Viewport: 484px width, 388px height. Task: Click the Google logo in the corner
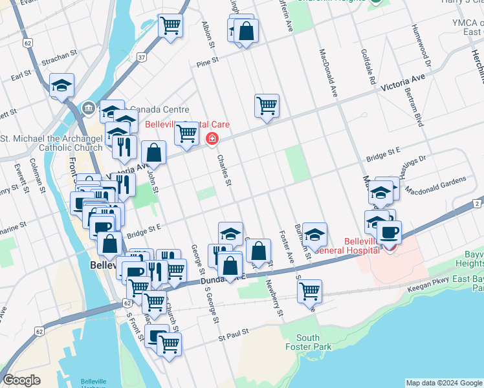(22, 380)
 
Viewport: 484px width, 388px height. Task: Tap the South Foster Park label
(308, 342)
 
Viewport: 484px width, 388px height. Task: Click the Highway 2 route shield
(477, 204)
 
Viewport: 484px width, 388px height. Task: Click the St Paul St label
(234, 336)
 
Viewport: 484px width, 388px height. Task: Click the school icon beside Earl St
(62, 85)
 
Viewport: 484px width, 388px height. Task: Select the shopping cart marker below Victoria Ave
(267, 105)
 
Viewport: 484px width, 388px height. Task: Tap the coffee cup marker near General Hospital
(389, 232)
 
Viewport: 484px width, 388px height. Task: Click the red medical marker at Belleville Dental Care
(212, 139)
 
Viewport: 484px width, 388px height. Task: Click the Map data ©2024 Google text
(443, 382)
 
